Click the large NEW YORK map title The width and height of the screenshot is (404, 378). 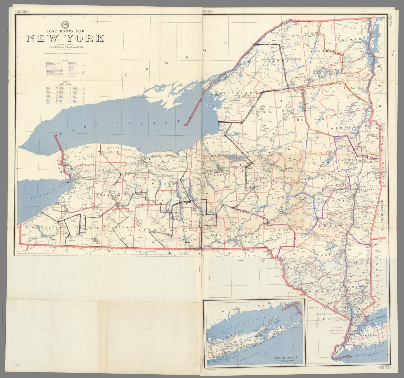[x=65, y=39]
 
